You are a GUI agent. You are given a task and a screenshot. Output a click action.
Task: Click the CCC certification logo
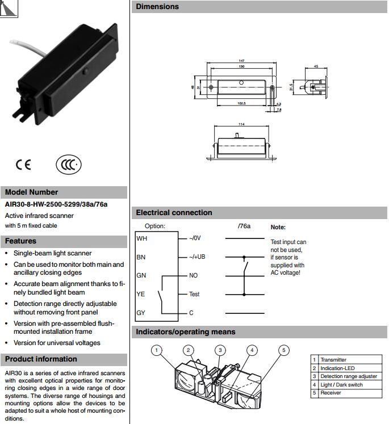69,165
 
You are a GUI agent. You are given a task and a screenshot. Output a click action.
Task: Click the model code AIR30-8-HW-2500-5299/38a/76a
56,204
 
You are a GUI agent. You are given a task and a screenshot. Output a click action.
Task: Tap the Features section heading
20,241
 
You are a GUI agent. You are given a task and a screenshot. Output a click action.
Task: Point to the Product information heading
41,359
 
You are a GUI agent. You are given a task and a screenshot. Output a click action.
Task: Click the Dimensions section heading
157,7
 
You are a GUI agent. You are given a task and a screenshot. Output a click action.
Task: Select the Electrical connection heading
174,213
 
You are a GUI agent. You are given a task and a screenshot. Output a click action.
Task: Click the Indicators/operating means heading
185,331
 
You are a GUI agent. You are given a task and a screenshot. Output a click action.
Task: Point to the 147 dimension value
242,61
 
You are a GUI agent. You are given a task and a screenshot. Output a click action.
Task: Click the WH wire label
141,239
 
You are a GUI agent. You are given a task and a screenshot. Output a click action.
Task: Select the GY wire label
141,313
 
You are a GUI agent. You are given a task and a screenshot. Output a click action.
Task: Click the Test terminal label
194,294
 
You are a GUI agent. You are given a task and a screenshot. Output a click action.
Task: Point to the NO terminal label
193,275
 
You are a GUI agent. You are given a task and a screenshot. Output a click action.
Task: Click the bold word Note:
278,227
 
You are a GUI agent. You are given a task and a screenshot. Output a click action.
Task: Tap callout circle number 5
284,350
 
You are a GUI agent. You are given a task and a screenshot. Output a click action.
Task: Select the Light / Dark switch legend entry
341,385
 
